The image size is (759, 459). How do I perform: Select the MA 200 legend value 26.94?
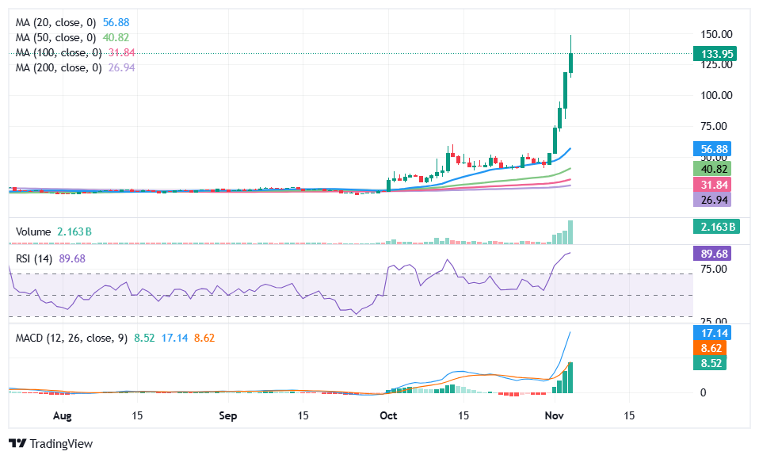[116, 68]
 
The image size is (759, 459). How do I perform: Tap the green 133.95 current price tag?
[715, 54]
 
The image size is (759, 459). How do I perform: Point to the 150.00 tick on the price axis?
[715, 35]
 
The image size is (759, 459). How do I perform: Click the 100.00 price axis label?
[715, 95]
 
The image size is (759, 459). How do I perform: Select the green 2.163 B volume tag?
[715, 228]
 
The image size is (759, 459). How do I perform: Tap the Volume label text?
[33, 231]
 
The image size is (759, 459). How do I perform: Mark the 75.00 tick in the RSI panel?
[715, 269]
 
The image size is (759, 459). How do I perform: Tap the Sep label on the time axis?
[228, 415]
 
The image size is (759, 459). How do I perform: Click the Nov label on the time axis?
[555, 415]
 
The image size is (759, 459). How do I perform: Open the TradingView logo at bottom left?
[51, 444]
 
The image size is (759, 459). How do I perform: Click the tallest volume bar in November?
[570, 232]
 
